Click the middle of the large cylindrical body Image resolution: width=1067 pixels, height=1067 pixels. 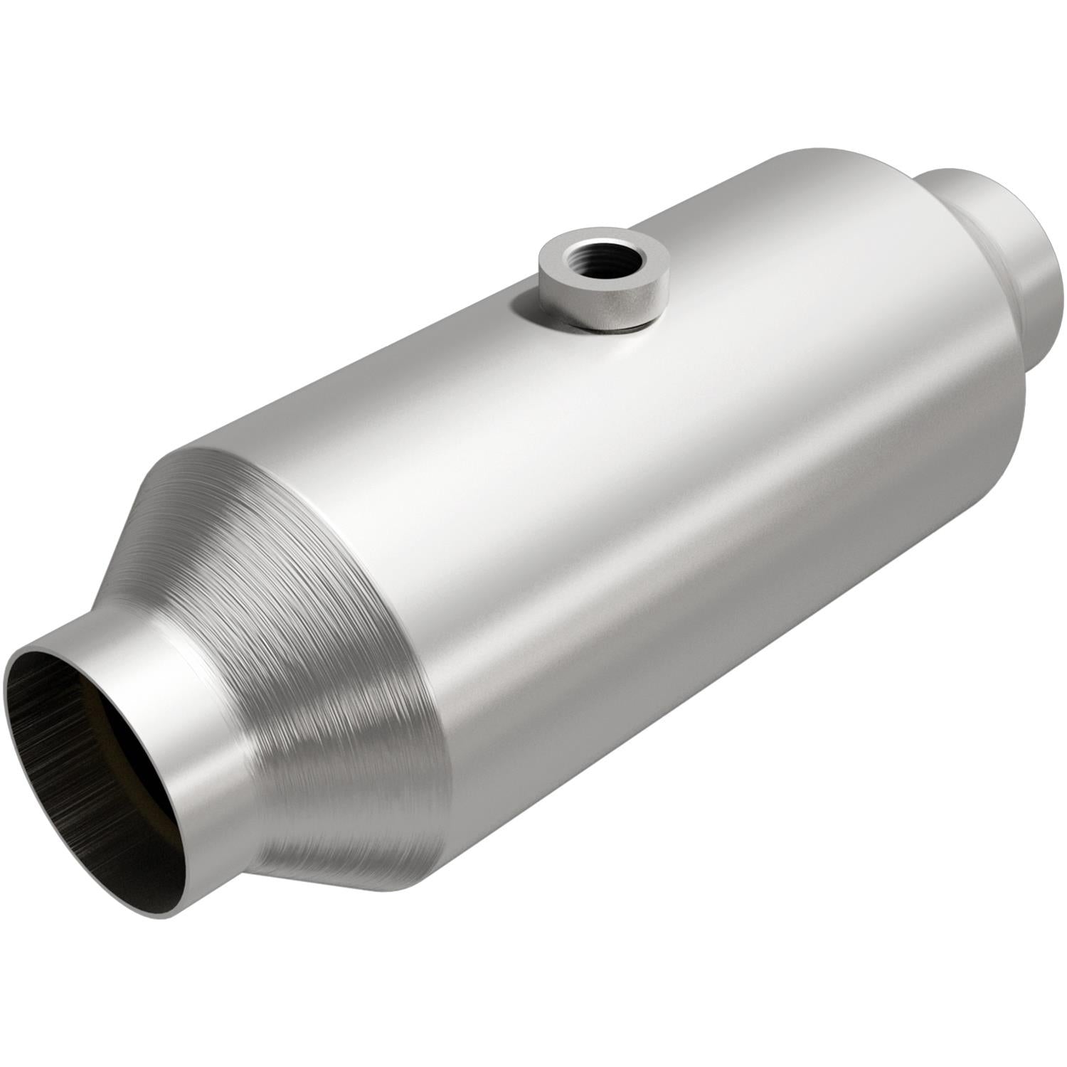coord(640,498)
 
